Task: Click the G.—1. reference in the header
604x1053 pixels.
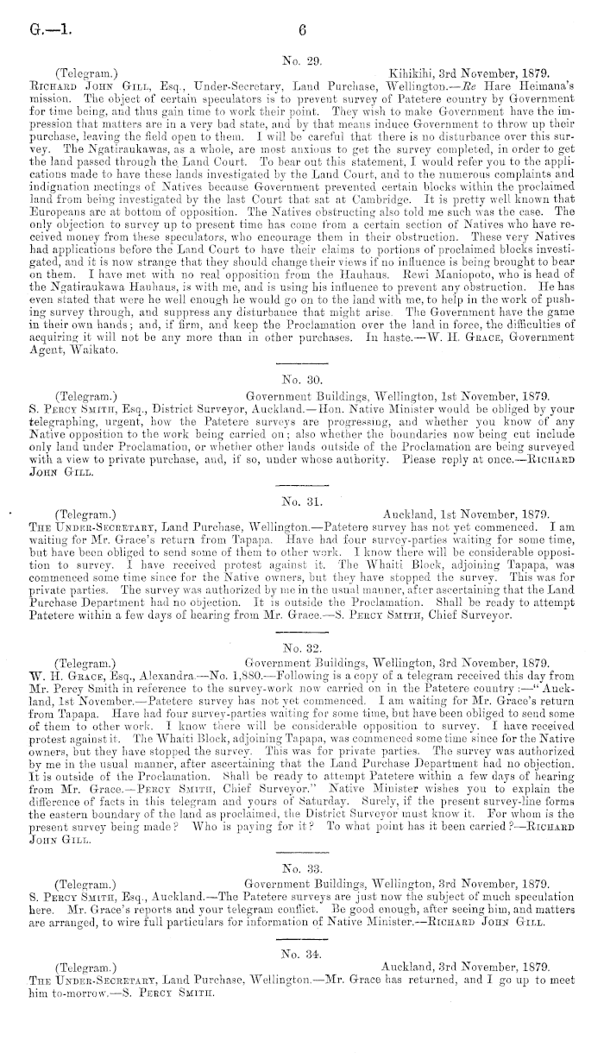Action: click(45, 28)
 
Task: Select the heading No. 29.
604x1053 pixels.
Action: click(301, 60)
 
